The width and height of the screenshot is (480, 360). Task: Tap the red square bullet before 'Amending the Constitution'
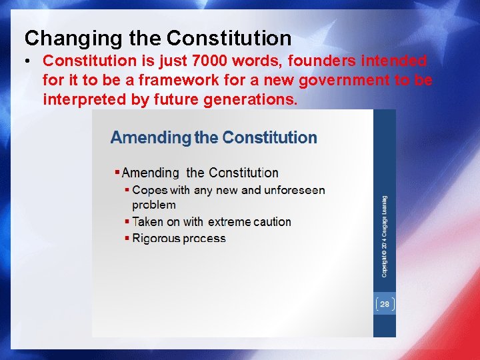[117, 173]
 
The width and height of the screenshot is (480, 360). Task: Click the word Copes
[151, 190]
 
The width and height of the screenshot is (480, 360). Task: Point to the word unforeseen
[295, 190]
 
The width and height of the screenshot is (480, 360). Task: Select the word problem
[154, 205]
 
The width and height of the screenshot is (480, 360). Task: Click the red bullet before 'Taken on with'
[127, 221]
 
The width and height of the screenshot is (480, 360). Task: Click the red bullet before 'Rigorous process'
[127, 238]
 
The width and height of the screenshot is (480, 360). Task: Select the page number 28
[385, 304]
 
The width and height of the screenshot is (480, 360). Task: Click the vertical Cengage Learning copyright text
[385, 236]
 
